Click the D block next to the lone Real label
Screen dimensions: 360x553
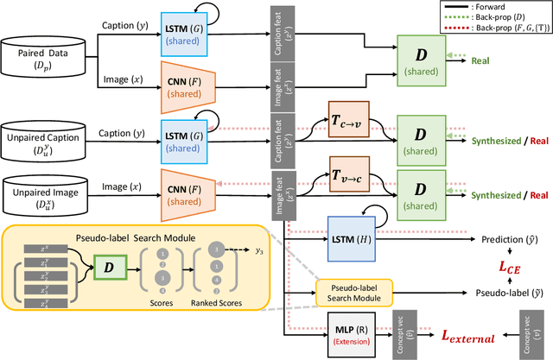pos(422,59)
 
